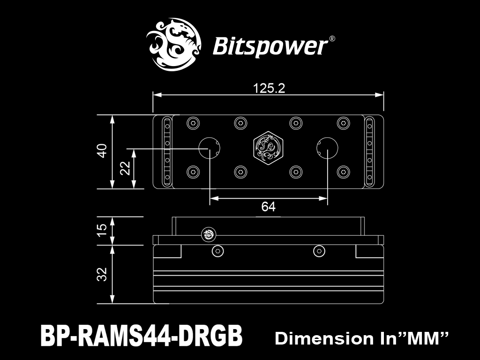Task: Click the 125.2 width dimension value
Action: pos(269,88)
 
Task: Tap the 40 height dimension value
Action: pos(102,150)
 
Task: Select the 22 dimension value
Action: pos(125,168)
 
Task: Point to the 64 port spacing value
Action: pos(269,207)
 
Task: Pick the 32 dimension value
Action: pos(102,274)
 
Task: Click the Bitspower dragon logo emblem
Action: pos(173,45)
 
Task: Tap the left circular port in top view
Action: pos(210,148)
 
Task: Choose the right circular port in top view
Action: pos(327,148)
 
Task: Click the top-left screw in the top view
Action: pos(193,123)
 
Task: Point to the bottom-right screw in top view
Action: pos(344,172)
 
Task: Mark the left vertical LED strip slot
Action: pos(167,151)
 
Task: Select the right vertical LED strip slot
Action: pos(369,151)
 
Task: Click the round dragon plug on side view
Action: pos(209,235)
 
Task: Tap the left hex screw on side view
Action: pos(217,251)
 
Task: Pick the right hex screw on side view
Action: pos(319,251)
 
